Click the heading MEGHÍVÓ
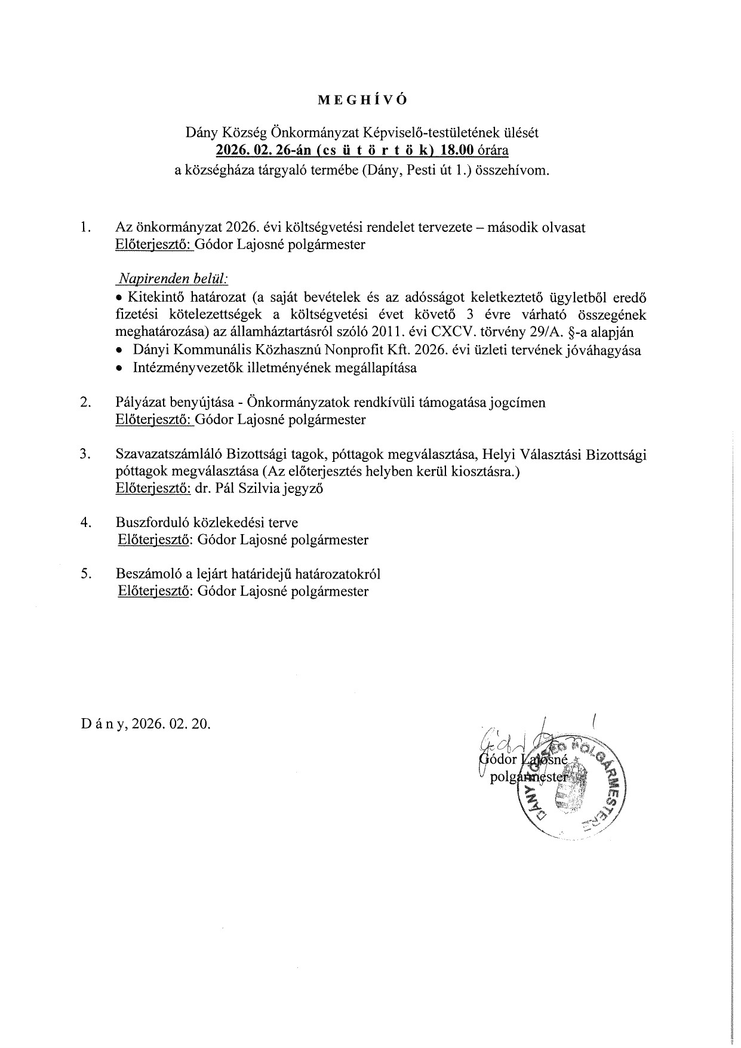(362, 100)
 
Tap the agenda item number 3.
(85, 454)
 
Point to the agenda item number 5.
(85, 574)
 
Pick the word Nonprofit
(342, 350)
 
